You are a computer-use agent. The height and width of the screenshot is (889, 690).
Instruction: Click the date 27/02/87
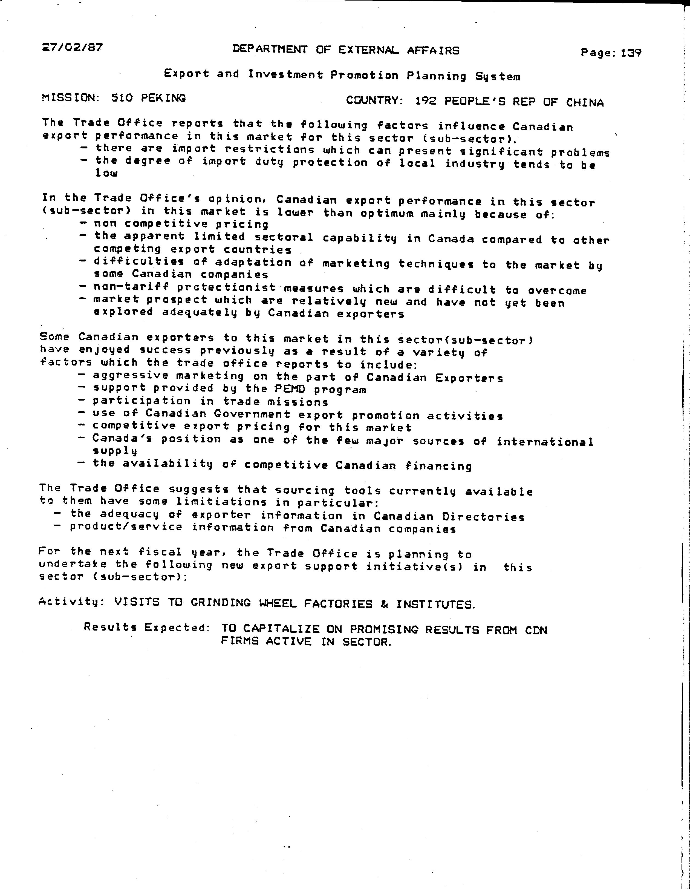pyautogui.click(x=72, y=48)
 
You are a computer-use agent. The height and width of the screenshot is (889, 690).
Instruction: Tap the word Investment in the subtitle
pyautogui.click(x=285, y=74)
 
